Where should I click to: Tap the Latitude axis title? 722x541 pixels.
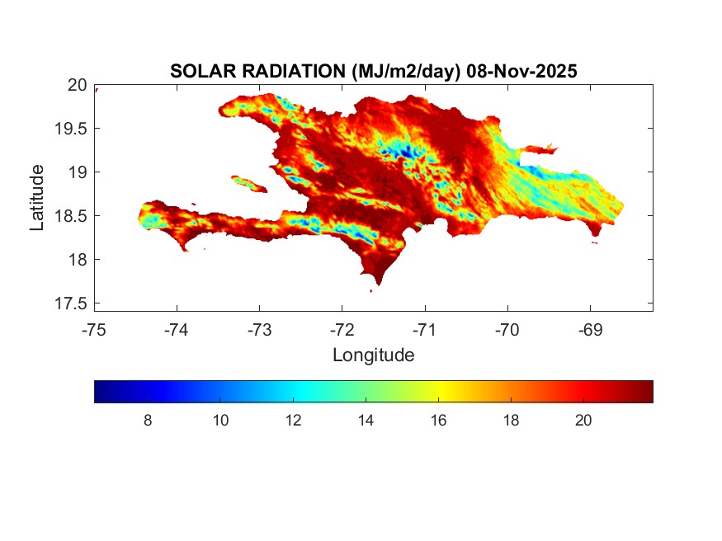[x=38, y=196]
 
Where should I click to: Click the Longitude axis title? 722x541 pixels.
[x=373, y=355]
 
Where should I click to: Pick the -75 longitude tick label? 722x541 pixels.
[x=94, y=330]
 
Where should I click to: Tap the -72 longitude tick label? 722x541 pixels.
[x=342, y=330]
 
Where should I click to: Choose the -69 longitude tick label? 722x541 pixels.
[x=589, y=330]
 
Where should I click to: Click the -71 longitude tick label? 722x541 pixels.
[x=424, y=330]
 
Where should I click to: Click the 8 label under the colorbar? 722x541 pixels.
[x=148, y=421]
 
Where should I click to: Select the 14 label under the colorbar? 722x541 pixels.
[x=366, y=421]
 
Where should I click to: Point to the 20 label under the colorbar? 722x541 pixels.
[x=583, y=421]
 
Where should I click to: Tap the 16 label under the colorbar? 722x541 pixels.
[x=438, y=421]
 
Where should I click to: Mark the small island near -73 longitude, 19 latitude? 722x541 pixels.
[x=248, y=182]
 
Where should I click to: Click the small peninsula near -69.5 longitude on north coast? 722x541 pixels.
[x=541, y=149]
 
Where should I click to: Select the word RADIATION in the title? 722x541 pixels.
[x=284, y=72]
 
